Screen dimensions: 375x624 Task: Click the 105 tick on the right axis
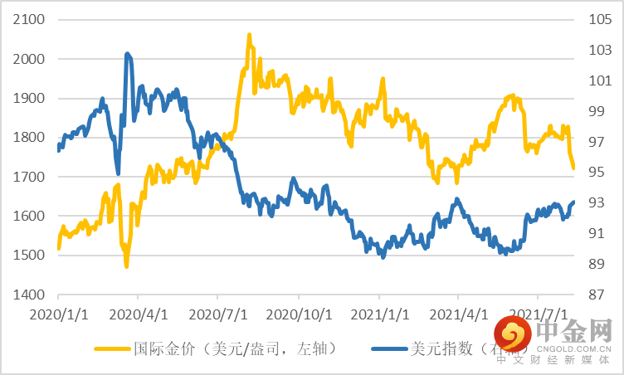click(x=600, y=20)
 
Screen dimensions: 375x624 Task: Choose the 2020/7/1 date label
click(x=217, y=315)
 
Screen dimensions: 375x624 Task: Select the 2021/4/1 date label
click(x=458, y=315)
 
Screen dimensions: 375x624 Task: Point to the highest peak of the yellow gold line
click(x=249, y=36)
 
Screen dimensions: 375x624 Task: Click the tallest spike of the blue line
click(x=127, y=54)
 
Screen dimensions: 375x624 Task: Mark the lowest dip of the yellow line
click(x=126, y=265)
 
